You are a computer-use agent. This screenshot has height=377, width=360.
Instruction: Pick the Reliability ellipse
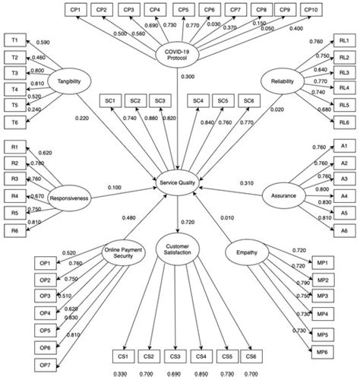(283, 81)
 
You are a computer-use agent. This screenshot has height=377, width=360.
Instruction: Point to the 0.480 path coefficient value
(130, 219)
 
